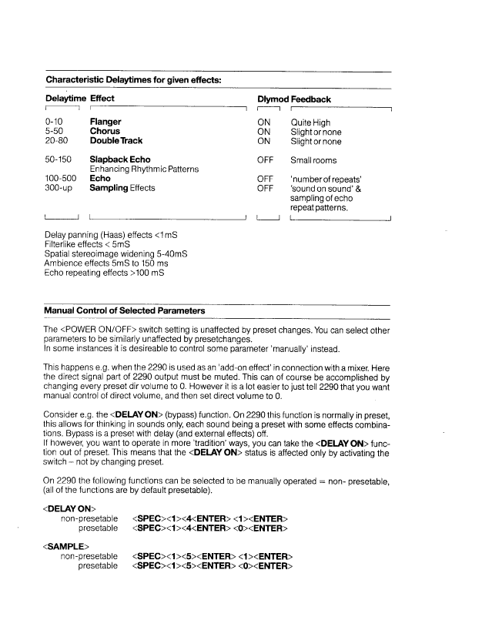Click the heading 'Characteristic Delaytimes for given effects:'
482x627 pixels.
[136, 79]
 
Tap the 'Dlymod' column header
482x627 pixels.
[271, 99]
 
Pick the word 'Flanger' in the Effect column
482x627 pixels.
[105, 122]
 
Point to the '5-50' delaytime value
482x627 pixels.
[55, 132]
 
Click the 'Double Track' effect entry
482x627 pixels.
[116, 141]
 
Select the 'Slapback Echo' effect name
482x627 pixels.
[120, 160]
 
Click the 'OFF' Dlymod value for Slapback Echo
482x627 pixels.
[266, 160]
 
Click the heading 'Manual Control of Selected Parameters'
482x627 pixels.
[125, 310]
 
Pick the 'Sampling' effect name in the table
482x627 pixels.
[109, 188]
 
